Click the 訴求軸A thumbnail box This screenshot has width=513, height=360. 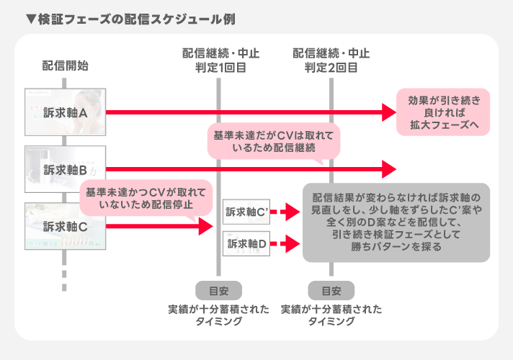[66, 112]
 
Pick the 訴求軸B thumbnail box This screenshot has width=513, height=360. [66, 169]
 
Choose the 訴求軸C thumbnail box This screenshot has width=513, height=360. [66, 227]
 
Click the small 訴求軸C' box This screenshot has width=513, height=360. [246, 212]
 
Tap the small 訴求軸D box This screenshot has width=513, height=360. [246, 245]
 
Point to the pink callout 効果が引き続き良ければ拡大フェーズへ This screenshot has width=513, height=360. [443, 112]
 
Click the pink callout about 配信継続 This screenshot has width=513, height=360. [274, 142]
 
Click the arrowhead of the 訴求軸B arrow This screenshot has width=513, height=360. [389, 169]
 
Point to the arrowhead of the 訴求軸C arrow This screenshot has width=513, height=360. [207, 227]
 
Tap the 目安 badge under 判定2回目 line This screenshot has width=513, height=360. [331, 291]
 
